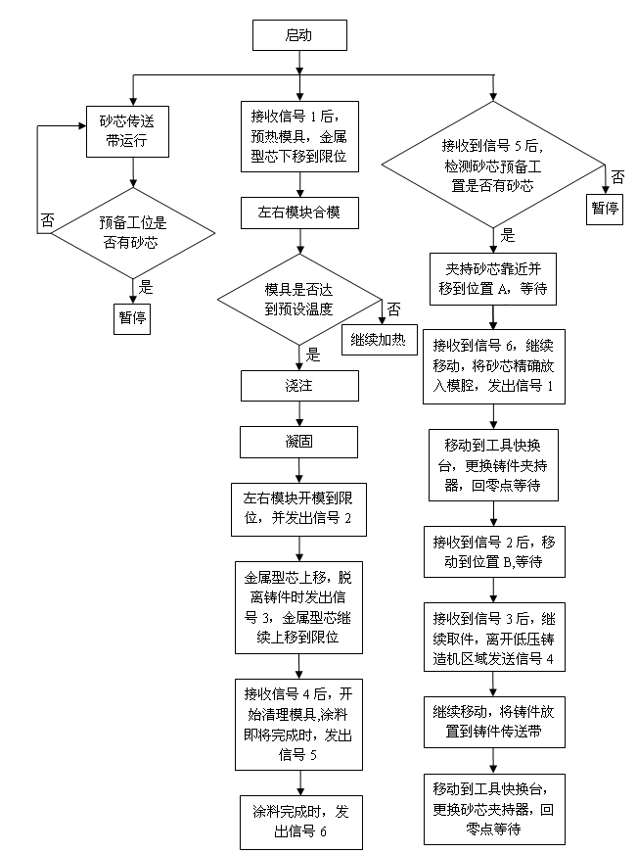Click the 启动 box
click(299, 35)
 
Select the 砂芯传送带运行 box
click(126, 131)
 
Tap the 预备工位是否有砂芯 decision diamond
click(132, 231)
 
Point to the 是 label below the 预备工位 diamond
click(147, 287)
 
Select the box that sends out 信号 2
click(298, 508)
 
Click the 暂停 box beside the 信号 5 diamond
click(606, 209)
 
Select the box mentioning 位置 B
click(493, 550)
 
